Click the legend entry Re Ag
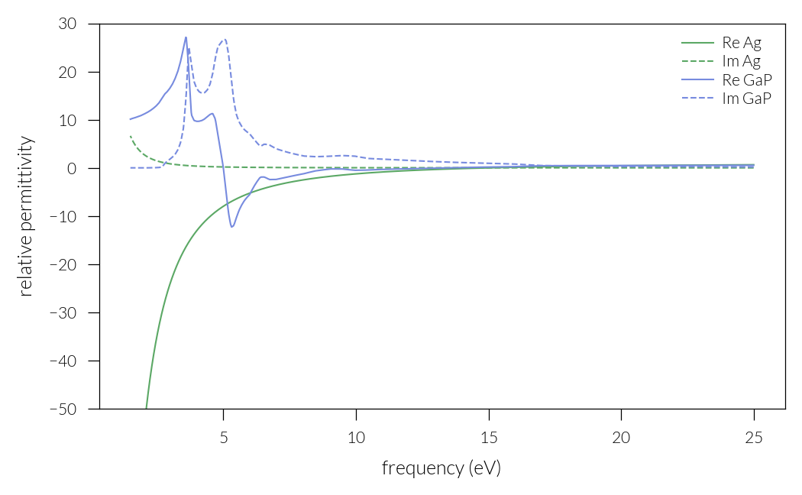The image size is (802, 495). [741, 43]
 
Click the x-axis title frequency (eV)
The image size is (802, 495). [441, 468]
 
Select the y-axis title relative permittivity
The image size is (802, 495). [26, 216]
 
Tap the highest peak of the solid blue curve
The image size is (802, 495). [186, 37]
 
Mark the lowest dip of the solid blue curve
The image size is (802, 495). [232, 227]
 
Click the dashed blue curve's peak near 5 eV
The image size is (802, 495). [224, 39]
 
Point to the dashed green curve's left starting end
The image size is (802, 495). [131, 136]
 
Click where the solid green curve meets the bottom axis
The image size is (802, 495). [146, 408]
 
